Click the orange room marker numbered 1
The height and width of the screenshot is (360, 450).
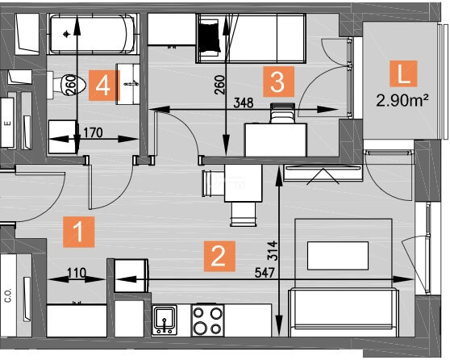(79, 232)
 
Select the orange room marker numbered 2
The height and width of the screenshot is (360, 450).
(219, 256)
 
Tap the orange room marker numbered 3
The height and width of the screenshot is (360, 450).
(279, 82)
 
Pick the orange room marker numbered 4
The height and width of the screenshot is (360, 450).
(103, 86)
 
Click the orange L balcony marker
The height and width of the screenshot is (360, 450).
(403, 73)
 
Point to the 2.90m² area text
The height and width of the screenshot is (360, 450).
(402, 101)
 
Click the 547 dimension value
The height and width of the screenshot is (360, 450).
(265, 273)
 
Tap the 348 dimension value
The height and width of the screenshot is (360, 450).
(244, 103)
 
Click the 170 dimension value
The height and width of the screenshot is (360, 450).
(93, 132)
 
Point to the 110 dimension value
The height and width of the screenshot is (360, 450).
(77, 273)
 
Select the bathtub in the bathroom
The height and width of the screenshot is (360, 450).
(93, 34)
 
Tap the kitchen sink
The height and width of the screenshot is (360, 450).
(165, 320)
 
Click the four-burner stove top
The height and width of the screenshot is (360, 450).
(208, 320)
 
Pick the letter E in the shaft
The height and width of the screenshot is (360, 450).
(8, 123)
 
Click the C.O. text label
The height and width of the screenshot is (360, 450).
(8, 295)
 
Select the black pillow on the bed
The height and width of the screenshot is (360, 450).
(210, 36)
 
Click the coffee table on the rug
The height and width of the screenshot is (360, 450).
(338, 256)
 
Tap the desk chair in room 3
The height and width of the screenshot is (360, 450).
(282, 114)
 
